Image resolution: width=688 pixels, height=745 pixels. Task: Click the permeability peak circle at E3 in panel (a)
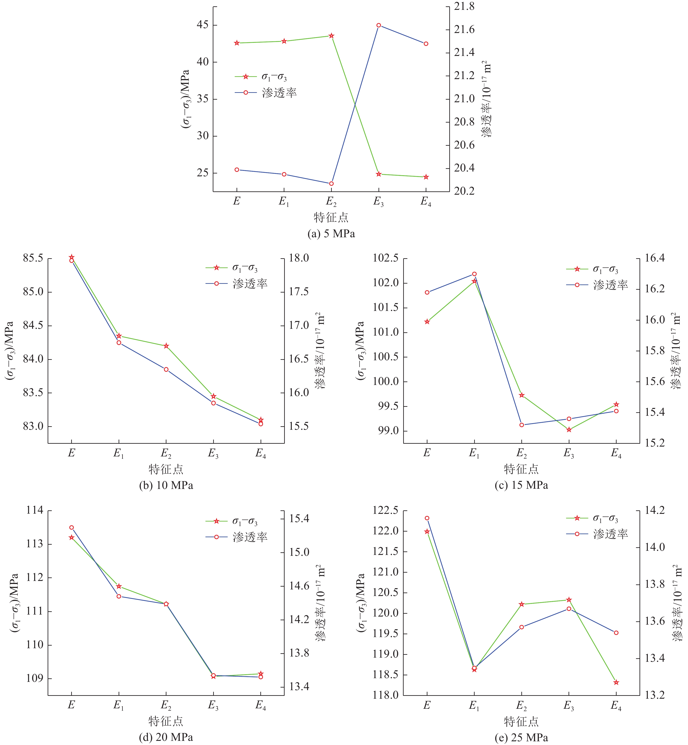[379, 25]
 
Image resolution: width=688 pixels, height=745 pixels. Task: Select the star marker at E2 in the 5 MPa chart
[331, 36]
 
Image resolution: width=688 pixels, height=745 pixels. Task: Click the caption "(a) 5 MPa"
[331, 234]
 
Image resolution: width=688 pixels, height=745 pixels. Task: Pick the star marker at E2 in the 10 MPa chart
[166, 346]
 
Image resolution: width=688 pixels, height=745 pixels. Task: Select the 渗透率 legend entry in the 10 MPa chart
[249, 284]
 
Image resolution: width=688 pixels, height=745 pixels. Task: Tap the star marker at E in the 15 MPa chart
[427, 322]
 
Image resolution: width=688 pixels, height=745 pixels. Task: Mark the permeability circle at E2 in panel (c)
[522, 425]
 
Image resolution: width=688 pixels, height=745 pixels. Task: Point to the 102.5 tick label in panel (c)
[385, 258]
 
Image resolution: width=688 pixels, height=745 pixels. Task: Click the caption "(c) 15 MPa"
[521, 485]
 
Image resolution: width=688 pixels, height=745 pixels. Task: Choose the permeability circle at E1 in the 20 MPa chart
[119, 596]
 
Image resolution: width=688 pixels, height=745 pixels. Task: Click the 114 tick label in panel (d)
[35, 510]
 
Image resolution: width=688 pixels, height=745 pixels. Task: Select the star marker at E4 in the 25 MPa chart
[616, 682]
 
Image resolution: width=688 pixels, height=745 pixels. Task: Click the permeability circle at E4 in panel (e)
[616, 632]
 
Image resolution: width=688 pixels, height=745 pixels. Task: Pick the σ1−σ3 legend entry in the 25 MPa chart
[605, 518]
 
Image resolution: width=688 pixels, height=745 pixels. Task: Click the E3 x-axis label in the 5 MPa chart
[379, 202]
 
